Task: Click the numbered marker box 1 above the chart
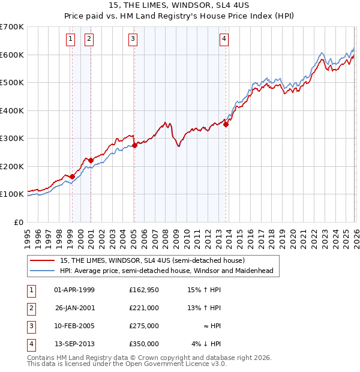pos(71,40)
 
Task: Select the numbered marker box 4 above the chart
pos(224,40)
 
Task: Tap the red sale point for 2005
pos(134,145)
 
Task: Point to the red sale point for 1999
pos(72,176)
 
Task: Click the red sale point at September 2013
pos(226,124)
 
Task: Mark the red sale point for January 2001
pos(91,160)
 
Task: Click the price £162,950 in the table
pos(143,290)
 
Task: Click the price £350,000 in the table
pos(143,344)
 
